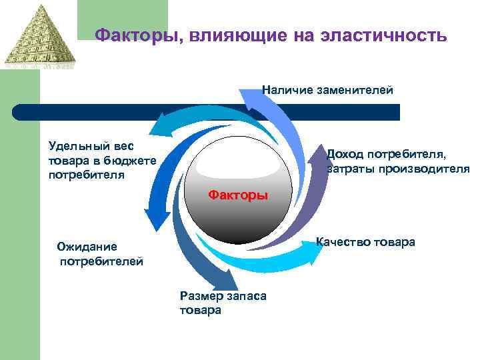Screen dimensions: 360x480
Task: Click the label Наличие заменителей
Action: [327, 90]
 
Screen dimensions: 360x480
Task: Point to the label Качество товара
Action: [365, 242]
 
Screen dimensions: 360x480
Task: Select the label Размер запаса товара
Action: [223, 303]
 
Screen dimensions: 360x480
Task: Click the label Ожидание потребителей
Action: [100, 254]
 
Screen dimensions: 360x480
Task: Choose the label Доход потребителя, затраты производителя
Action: [397, 161]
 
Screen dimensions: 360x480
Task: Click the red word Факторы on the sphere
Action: [238, 195]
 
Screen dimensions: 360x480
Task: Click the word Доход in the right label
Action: [343, 155]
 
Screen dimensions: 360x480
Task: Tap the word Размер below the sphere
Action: [198, 297]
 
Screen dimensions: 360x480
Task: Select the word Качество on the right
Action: [341, 242]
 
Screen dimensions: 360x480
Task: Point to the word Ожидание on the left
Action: [87, 247]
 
